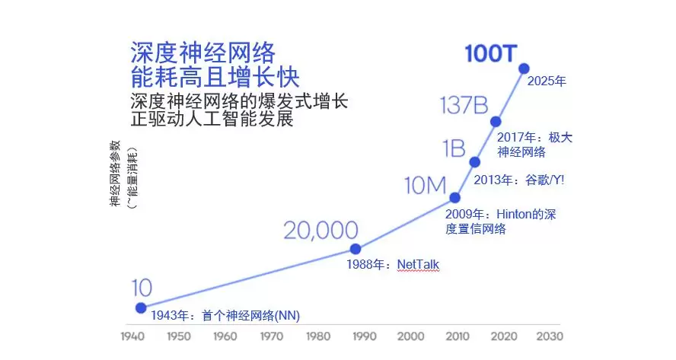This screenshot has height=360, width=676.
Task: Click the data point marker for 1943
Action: pyautogui.click(x=141, y=307)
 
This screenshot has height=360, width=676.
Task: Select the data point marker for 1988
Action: pyautogui.click(x=355, y=249)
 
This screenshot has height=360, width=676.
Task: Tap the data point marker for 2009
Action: pyautogui.click(x=455, y=197)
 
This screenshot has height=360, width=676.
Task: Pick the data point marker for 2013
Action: pyautogui.click(x=475, y=161)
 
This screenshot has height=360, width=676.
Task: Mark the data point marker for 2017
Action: pyautogui.click(x=496, y=121)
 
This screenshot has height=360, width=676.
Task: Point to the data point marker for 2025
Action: pyautogui.click(x=524, y=68)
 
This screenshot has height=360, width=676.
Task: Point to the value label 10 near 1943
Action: pyautogui.click(x=141, y=288)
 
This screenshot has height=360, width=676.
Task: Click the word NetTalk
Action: pyautogui.click(x=418, y=264)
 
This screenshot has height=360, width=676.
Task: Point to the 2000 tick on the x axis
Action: pyautogui.click(x=411, y=336)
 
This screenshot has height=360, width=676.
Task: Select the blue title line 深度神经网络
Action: pyautogui.click(x=202, y=53)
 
